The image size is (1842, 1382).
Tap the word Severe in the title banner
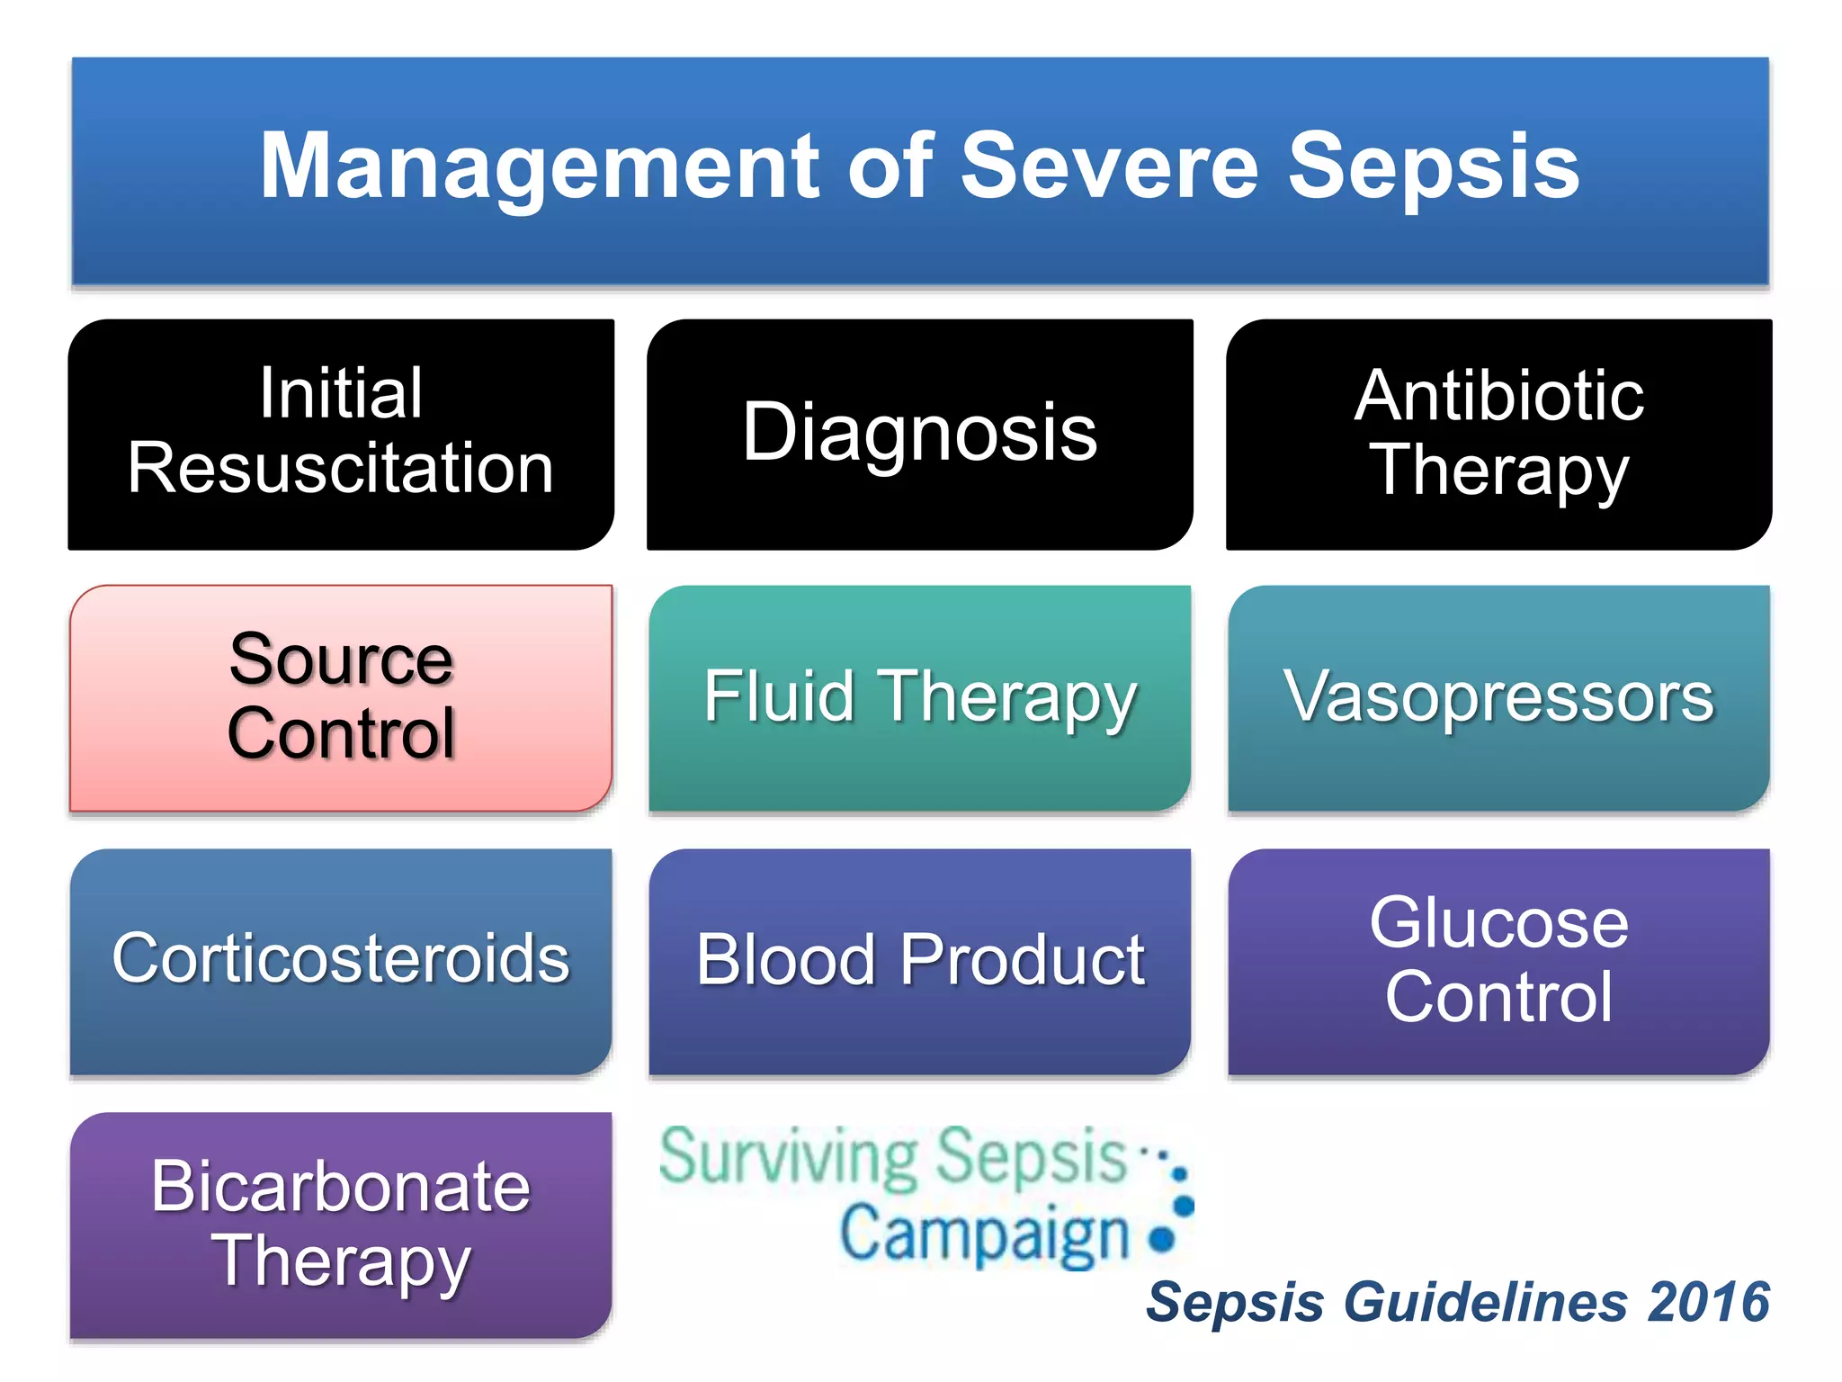pos(1110,166)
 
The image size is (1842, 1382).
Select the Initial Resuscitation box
pos(341,434)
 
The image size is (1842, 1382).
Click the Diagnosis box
pos(919,434)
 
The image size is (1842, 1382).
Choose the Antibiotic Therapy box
pos(1498,434)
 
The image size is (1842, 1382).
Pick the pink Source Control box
pos(341,697)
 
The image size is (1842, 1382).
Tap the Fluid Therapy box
pos(919,697)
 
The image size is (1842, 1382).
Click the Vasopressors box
pos(1498,697)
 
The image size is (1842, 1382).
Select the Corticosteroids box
pos(341,960)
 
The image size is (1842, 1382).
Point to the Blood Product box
pos(919,960)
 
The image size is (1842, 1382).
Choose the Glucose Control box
pos(1498,960)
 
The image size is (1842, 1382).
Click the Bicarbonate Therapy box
pos(341,1225)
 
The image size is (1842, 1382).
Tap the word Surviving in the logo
pos(789,1158)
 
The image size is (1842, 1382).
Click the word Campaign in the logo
pos(985,1234)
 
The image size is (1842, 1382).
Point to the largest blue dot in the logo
pos(1162,1239)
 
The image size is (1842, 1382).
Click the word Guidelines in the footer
pos(1485,1302)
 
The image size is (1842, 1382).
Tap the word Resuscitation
pos(341,469)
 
